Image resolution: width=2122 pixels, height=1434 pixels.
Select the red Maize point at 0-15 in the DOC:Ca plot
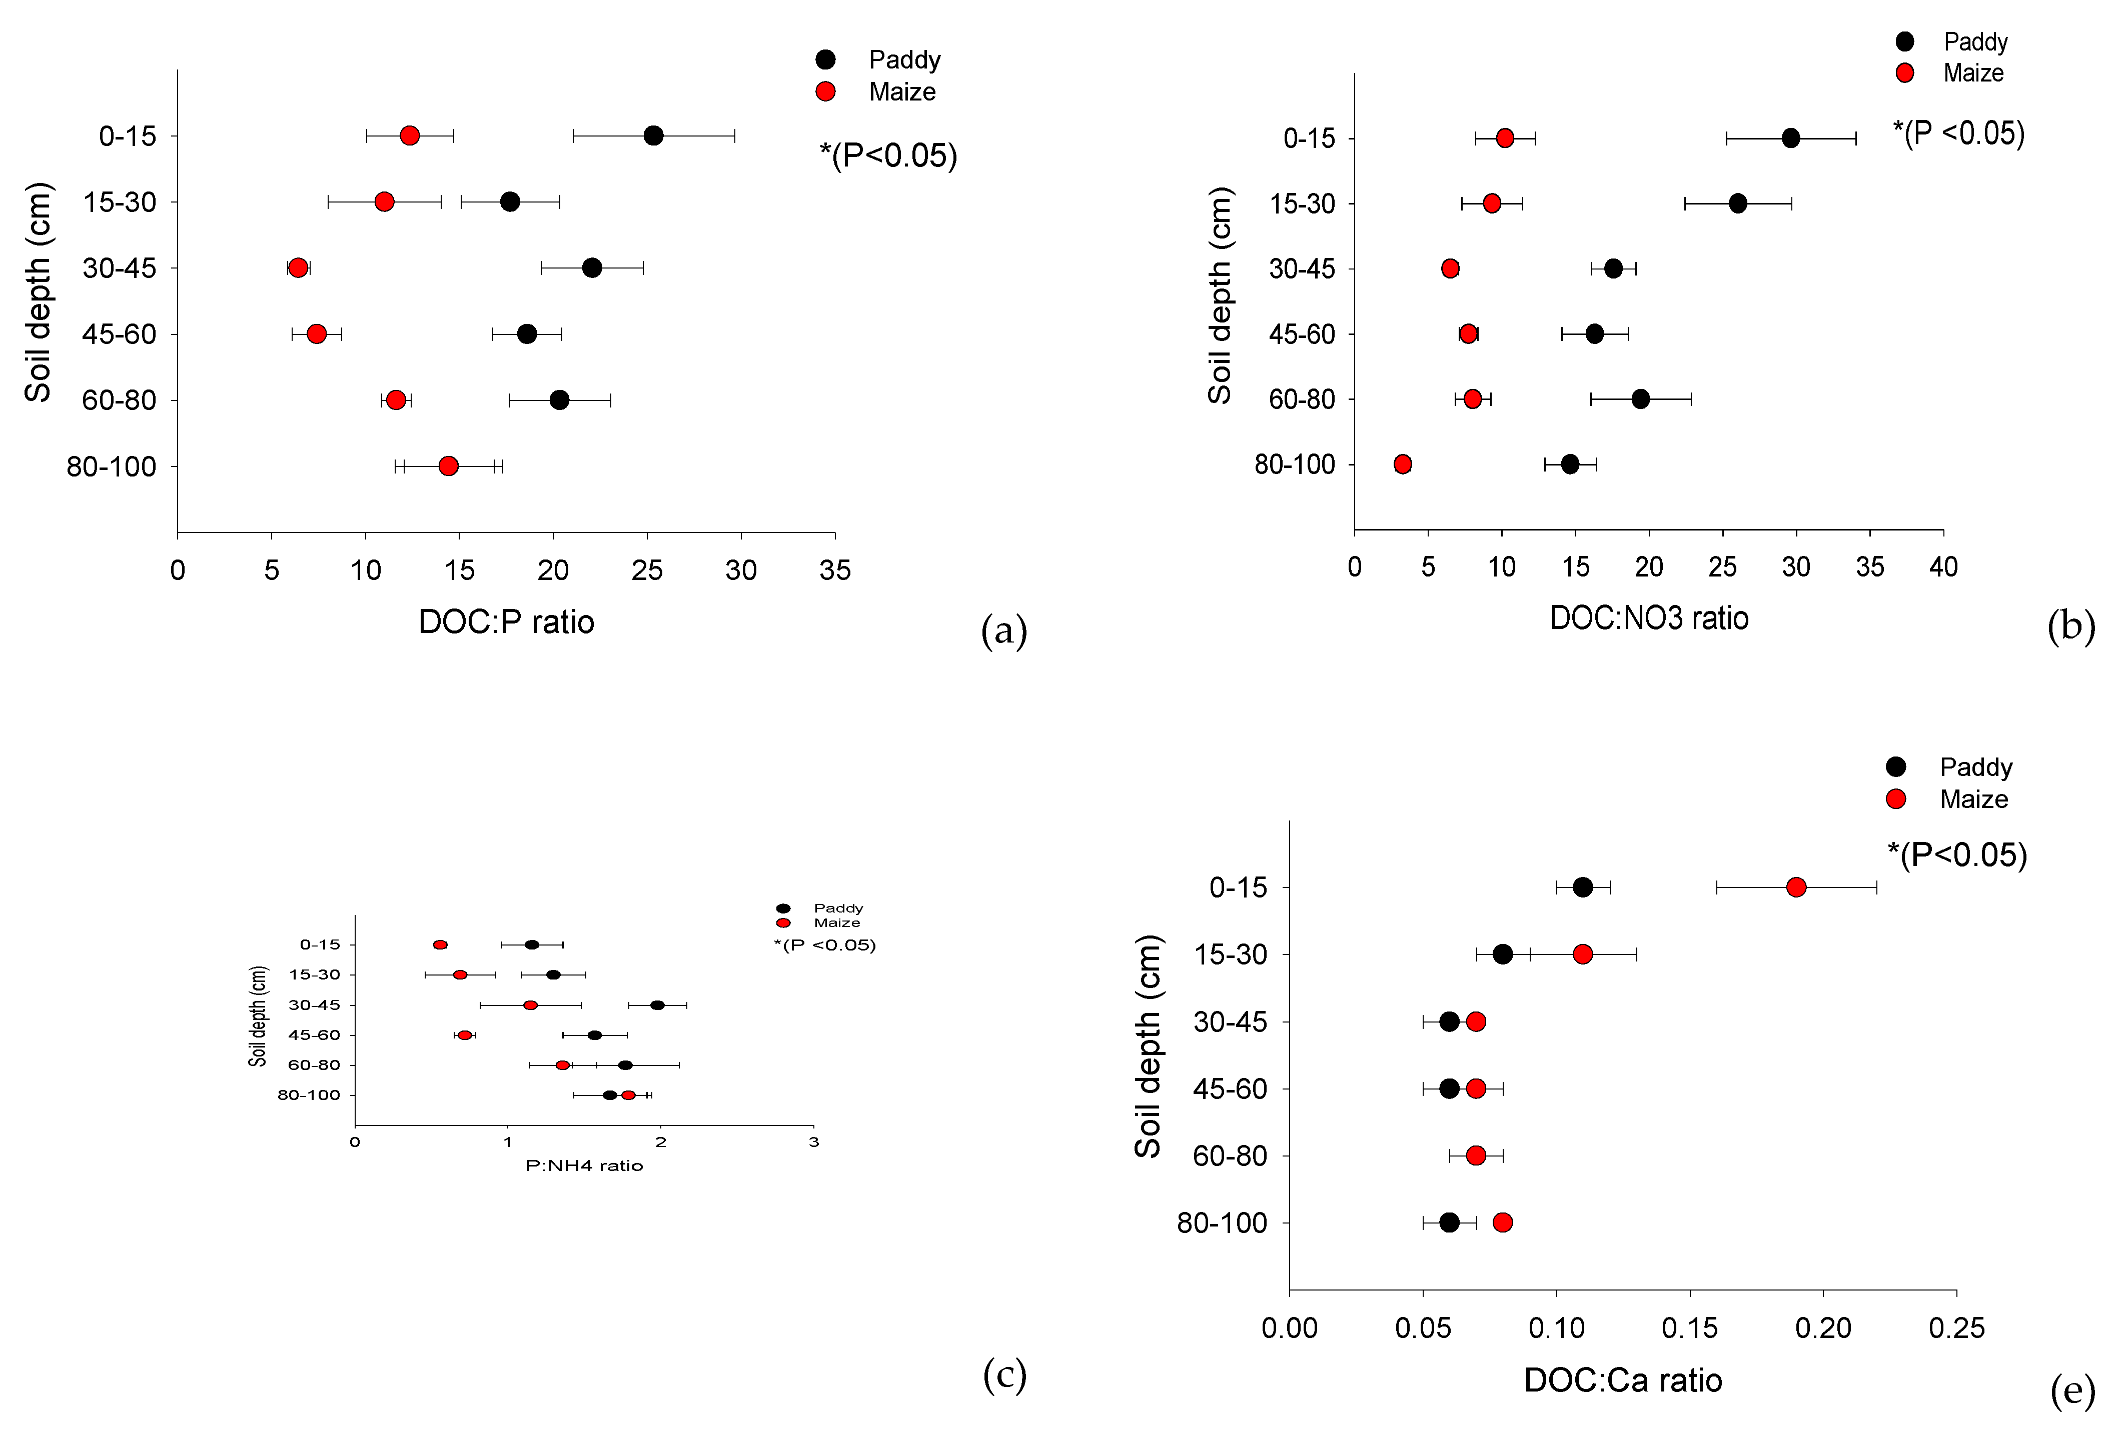coord(1796,887)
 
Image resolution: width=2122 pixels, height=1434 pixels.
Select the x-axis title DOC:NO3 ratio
coord(1649,618)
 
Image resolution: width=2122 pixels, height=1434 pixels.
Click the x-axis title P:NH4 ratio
coord(584,1165)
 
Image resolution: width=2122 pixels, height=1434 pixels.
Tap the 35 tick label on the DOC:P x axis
coord(834,570)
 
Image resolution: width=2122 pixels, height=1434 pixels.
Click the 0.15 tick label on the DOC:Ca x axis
coord(1689,1327)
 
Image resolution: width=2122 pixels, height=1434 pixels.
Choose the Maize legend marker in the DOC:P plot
coord(825,91)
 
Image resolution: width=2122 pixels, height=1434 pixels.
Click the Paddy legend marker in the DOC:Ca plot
coord(1895,766)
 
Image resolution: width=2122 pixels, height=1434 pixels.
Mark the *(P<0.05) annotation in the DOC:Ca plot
coord(1957,854)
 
